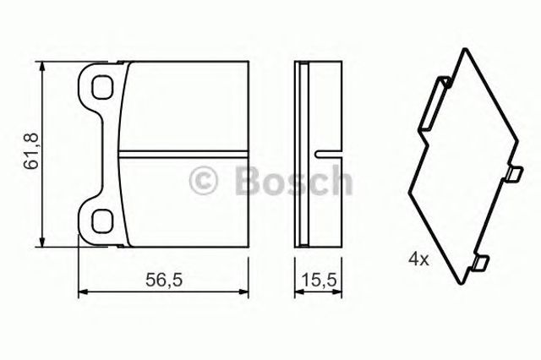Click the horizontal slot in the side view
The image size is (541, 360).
coord(325,153)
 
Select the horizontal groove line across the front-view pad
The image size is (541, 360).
coord(182,153)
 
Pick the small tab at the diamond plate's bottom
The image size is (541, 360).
coord(479,264)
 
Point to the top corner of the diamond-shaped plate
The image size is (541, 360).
coord(462,50)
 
